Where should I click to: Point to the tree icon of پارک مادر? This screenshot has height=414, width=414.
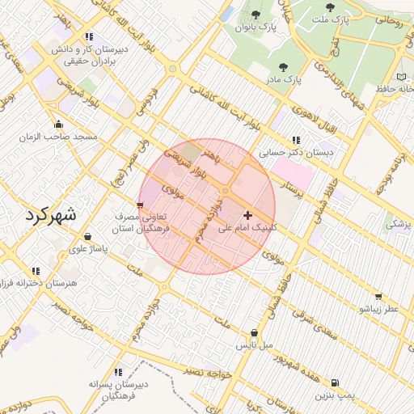(x=283, y=68)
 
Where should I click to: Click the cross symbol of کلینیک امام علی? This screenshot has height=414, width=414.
(x=247, y=215)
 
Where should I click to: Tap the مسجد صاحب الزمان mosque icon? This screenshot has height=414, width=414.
(x=58, y=125)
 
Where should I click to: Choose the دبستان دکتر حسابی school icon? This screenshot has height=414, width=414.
(x=296, y=139)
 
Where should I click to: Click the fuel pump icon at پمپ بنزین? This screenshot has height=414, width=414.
(x=336, y=382)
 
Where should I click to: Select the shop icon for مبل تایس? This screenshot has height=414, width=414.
(x=255, y=332)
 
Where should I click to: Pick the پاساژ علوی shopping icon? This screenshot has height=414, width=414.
(x=87, y=237)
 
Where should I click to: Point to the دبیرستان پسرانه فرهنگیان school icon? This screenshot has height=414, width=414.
(x=119, y=373)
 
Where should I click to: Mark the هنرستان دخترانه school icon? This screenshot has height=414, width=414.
(x=35, y=271)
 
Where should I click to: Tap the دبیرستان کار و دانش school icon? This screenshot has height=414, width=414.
(x=88, y=36)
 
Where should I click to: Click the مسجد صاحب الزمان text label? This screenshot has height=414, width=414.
(x=58, y=137)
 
